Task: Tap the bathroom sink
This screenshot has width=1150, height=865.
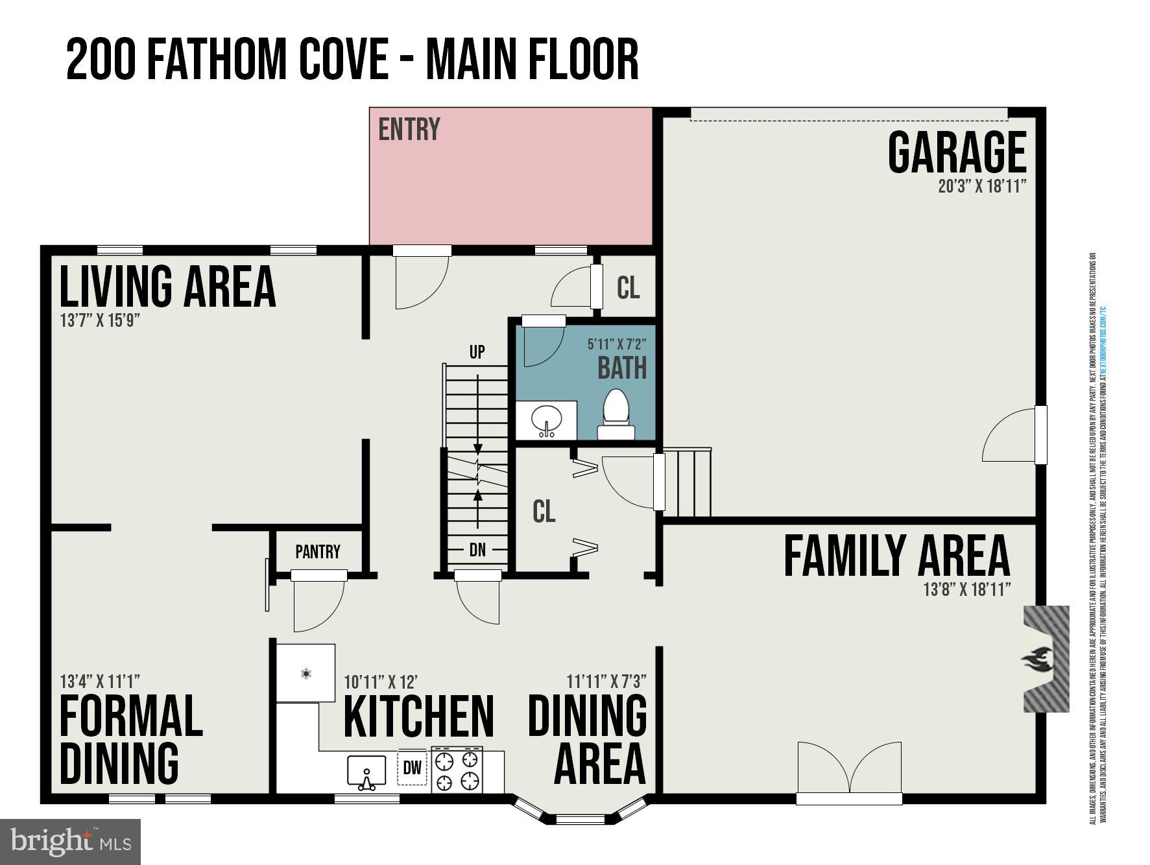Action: point(545,421)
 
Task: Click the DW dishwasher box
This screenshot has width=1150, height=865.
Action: point(412,768)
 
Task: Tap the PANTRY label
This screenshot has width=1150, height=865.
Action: point(317,552)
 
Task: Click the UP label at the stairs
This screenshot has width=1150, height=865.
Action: point(477,352)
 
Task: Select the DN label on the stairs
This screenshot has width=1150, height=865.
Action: point(477,550)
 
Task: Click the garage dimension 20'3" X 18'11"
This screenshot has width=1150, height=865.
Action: point(981,187)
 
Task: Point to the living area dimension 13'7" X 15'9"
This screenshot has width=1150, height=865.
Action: point(100,320)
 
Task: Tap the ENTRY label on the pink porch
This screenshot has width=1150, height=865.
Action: point(409,129)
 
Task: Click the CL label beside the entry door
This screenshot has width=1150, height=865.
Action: point(627,288)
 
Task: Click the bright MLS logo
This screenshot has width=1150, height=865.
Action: point(70,842)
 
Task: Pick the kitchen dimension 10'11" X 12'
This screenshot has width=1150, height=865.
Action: point(381,682)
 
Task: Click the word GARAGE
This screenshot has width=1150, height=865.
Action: point(956,152)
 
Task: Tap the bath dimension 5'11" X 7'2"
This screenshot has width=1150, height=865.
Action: point(617,344)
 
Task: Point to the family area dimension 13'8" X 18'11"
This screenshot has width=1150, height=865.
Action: point(966,589)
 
